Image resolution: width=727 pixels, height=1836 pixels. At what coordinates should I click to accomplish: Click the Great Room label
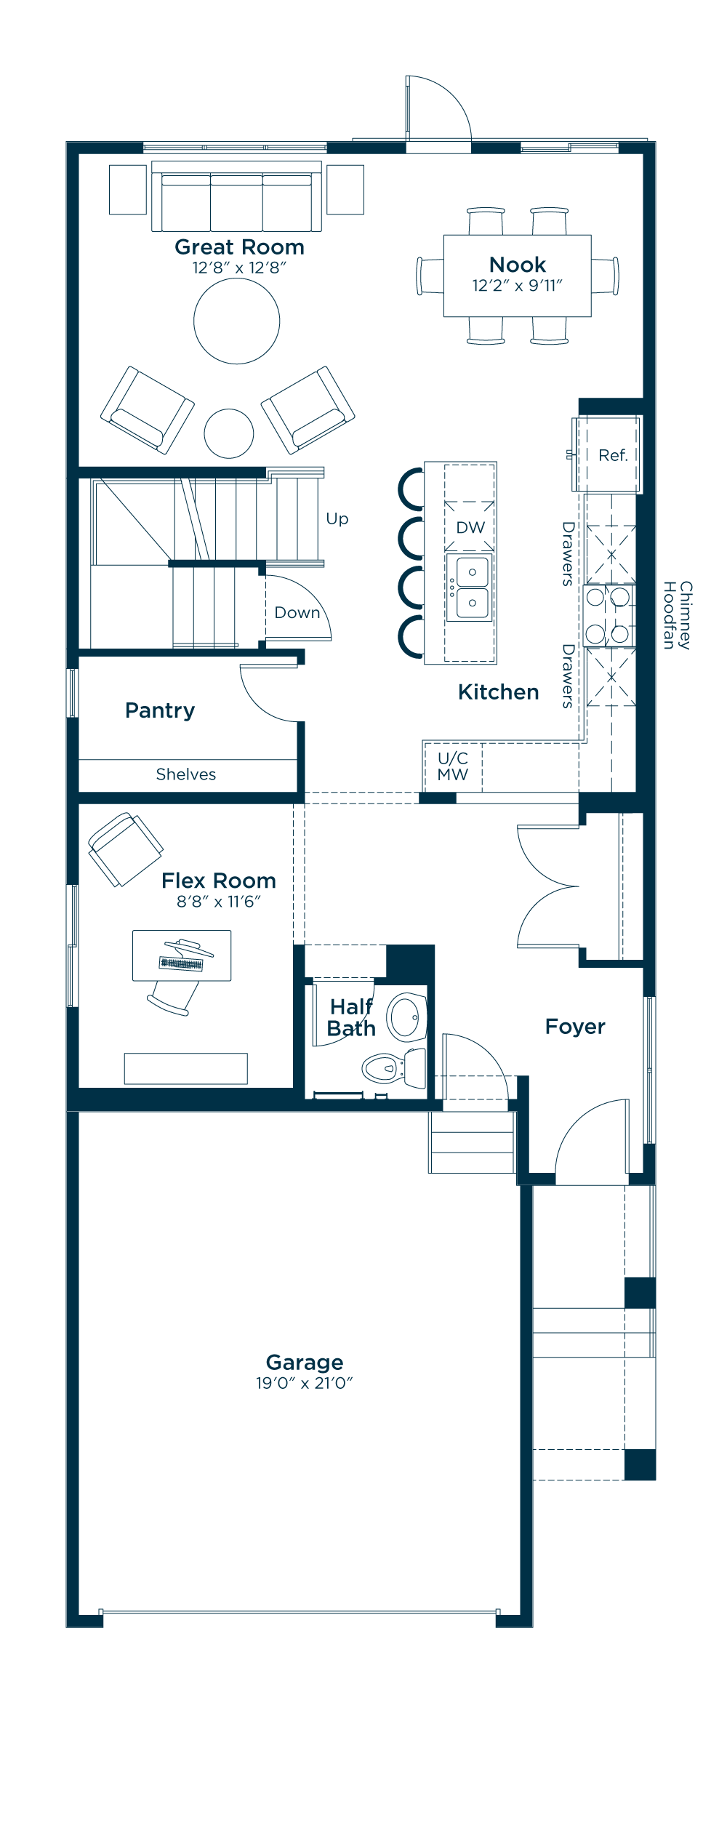pos(239,247)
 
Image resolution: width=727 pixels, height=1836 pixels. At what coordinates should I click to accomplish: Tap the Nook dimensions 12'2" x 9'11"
pos(517,285)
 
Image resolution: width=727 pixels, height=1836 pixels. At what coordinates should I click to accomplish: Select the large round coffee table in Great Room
pos(237,321)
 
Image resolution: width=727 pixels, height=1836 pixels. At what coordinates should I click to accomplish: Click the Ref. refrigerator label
pos(613,455)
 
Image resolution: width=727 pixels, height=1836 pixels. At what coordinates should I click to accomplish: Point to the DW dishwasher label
pos(470,527)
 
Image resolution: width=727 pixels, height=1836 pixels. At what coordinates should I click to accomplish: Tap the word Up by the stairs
pos(337,519)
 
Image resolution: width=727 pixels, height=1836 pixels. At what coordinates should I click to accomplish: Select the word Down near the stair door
pos(297,612)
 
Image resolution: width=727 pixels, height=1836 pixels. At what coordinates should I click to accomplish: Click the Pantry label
pos(160,710)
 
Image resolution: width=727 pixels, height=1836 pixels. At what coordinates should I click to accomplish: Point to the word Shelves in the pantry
pos(186,774)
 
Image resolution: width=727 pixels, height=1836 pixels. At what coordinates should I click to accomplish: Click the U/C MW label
pos(452,766)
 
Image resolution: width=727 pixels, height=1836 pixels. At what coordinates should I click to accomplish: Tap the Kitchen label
pos(499,692)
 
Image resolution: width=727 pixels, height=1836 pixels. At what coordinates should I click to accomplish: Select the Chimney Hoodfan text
pos(677,615)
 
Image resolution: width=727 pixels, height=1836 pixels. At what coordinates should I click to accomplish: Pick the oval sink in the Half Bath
pos(406,1017)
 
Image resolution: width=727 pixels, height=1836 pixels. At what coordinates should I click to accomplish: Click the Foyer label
pos(575,1027)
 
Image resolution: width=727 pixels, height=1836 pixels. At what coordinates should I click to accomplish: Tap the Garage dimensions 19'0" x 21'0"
pos(304,1383)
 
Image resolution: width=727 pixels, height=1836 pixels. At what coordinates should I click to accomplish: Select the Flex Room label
pos(219,881)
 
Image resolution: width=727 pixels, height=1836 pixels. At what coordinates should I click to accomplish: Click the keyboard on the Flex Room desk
pos(181,964)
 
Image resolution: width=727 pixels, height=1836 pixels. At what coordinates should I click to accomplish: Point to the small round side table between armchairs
pos(229,433)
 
